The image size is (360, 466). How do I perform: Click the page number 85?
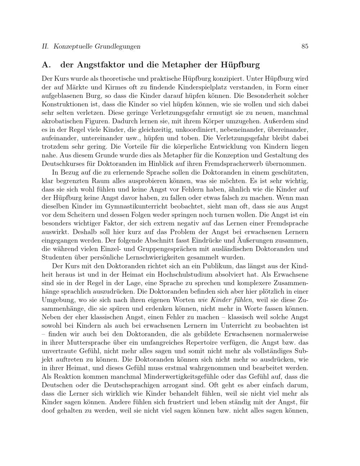(x=305, y=46)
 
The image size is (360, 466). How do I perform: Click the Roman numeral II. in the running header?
(x=45, y=46)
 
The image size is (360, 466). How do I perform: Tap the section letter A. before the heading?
(x=46, y=65)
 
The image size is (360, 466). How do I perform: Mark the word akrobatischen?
(x=63, y=121)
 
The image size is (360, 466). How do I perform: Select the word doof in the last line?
(x=48, y=411)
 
